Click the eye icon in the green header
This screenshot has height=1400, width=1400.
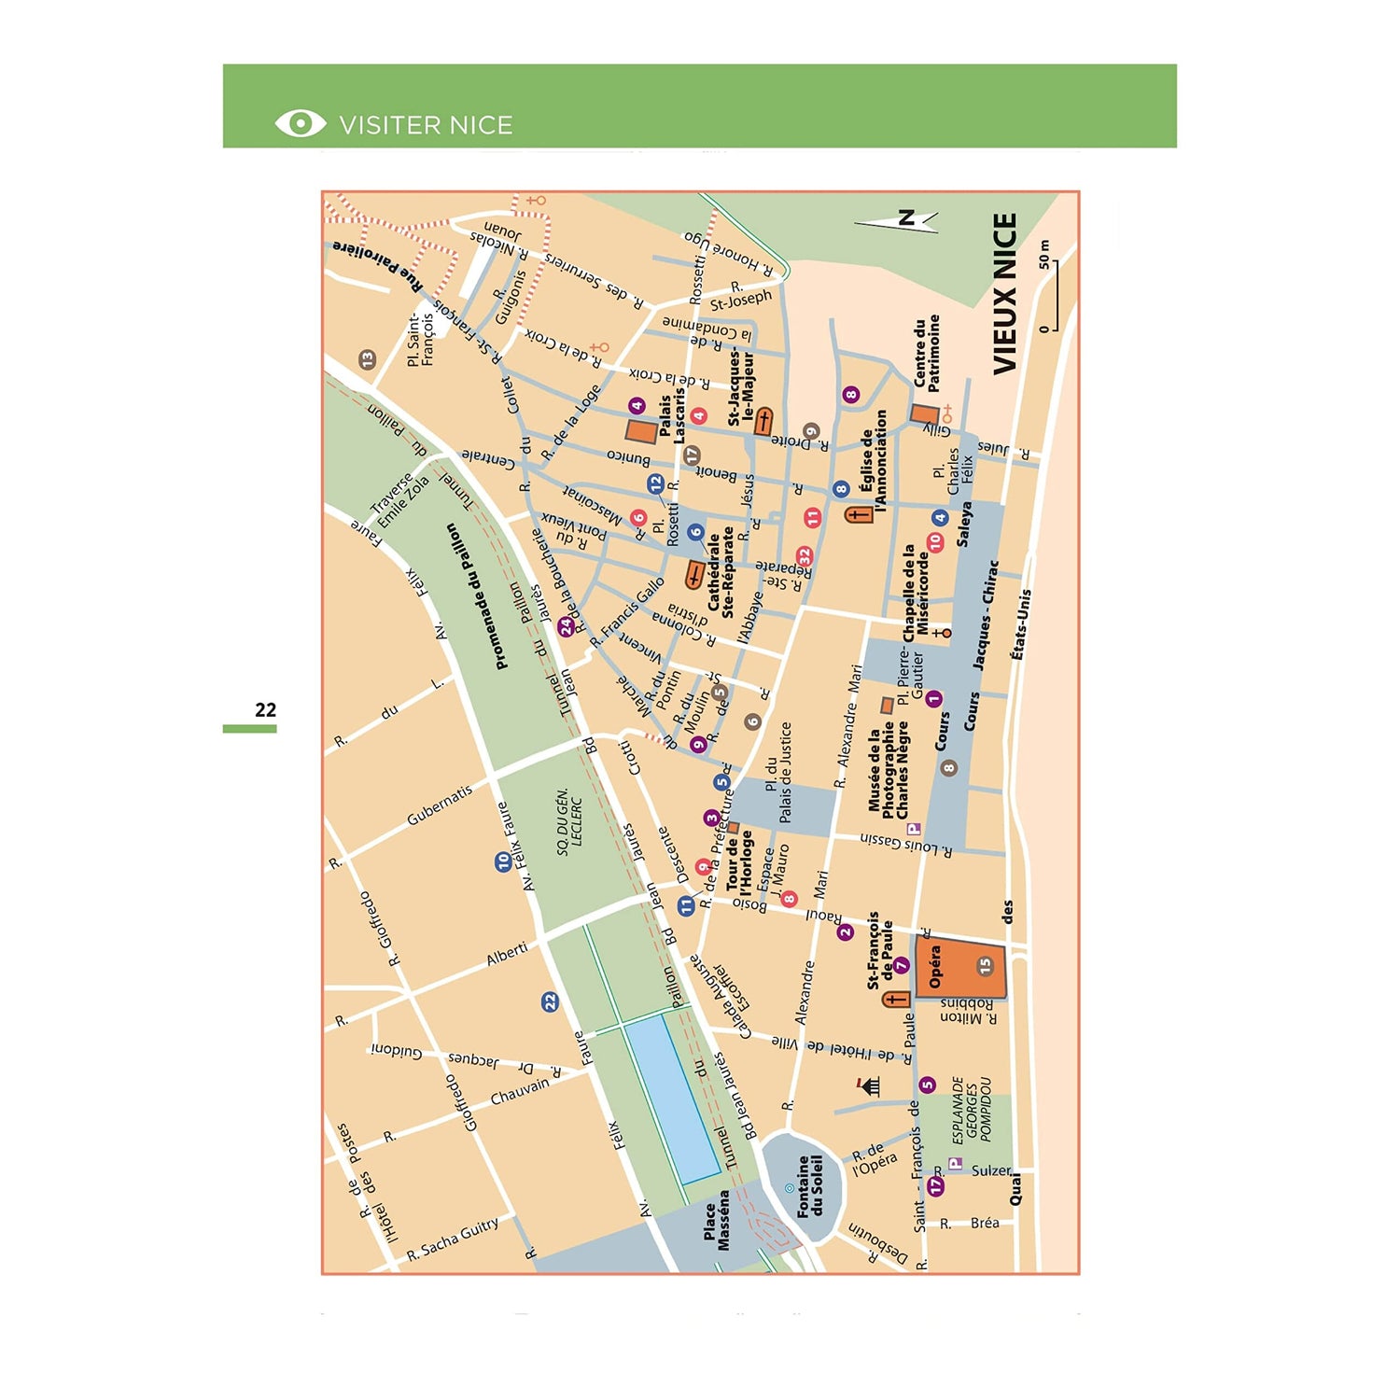coord(300,123)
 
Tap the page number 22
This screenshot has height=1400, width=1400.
coord(265,709)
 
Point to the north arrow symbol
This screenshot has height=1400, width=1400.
coord(897,220)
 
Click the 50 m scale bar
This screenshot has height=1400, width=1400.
coord(1054,295)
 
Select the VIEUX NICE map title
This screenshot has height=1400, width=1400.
coord(1004,294)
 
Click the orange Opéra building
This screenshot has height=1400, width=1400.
coord(960,968)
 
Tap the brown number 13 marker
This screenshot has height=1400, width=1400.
coord(367,359)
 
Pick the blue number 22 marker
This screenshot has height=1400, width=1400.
coord(550,1002)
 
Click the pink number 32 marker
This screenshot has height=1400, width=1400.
coord(804,557)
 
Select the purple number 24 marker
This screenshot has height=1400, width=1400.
coord(566,627)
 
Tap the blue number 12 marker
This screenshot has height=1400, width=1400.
coord(655,483)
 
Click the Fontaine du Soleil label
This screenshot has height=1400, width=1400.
coord(809,1186)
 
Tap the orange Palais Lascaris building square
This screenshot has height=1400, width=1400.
coord(641,431)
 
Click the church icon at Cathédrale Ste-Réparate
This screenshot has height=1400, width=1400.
coord(694,575)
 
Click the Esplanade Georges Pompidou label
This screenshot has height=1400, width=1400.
coord(972,1111)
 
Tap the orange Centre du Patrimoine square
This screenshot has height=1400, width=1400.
coord(924,414)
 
